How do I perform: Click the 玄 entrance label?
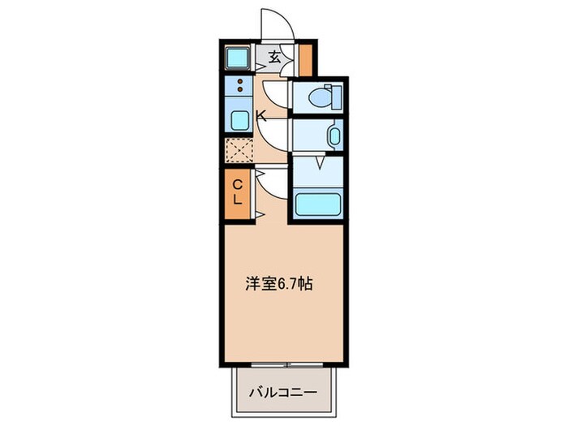pyautogui.click(x=275, y=58)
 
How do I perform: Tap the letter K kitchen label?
pyautogui.click(x=261, y=115)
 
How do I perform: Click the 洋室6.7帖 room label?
pyautogui.click(x=278, y=284)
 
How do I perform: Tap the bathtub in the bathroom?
pyautogui.click(x=318, y=203)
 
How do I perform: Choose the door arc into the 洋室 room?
pyautogui.click(x=270, y=190)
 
